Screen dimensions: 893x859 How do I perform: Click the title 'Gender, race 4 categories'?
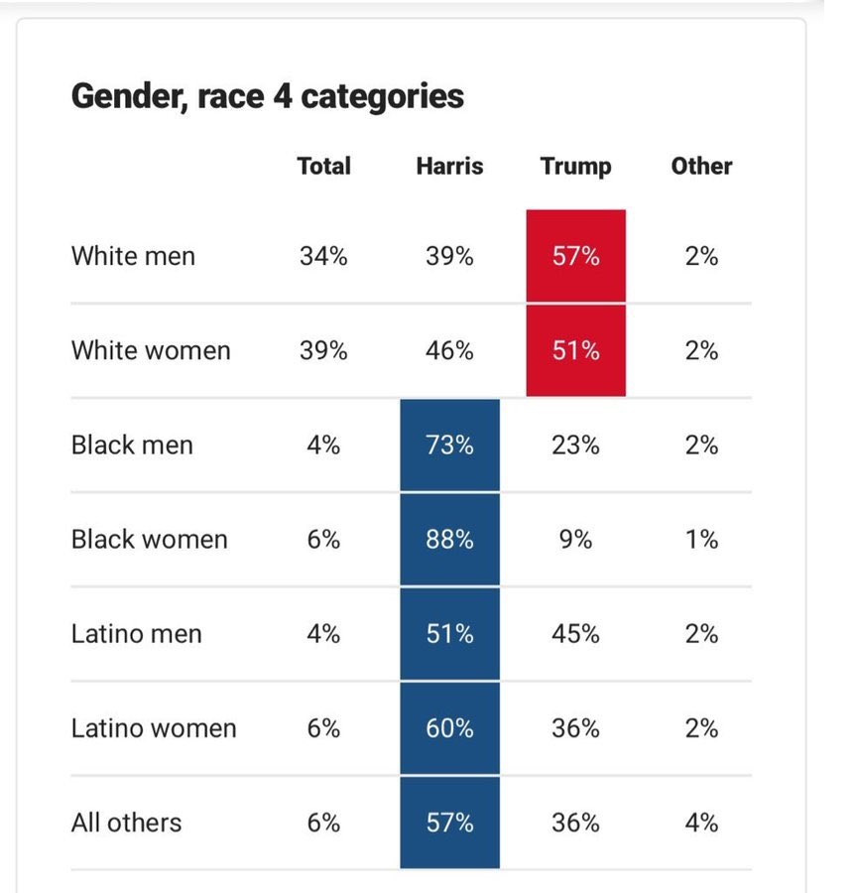coord(268,96)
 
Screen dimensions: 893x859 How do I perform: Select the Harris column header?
coord(449,166)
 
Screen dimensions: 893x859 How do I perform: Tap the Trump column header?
coord(575,166)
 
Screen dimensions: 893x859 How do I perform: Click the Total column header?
coord(323,166)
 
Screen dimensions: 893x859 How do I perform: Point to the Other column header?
coord(701,166)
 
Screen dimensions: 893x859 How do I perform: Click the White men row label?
coord(133,256)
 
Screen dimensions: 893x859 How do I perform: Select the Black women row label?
coord(149,539)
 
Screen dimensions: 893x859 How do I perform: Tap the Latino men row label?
coord(136,633)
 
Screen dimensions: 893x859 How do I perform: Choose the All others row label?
coord(126,823)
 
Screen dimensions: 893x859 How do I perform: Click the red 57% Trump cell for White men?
coord(575,256)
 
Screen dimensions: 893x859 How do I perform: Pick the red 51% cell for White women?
coord(575,350)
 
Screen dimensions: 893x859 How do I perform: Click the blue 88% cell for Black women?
coord(449,539)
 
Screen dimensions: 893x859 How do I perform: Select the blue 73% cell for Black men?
coord(449,445)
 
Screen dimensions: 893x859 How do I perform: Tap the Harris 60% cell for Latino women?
coord(449,728)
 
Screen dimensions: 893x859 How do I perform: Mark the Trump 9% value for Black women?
coord(575,539)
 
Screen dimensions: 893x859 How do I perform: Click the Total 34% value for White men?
coord(323,256)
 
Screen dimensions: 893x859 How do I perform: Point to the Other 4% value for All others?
coord(701,823)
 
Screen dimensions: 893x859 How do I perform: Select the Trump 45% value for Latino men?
coord(575,633)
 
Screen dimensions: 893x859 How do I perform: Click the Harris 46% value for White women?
coord(449,350)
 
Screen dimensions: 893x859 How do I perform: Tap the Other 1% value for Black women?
coord(701,539)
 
